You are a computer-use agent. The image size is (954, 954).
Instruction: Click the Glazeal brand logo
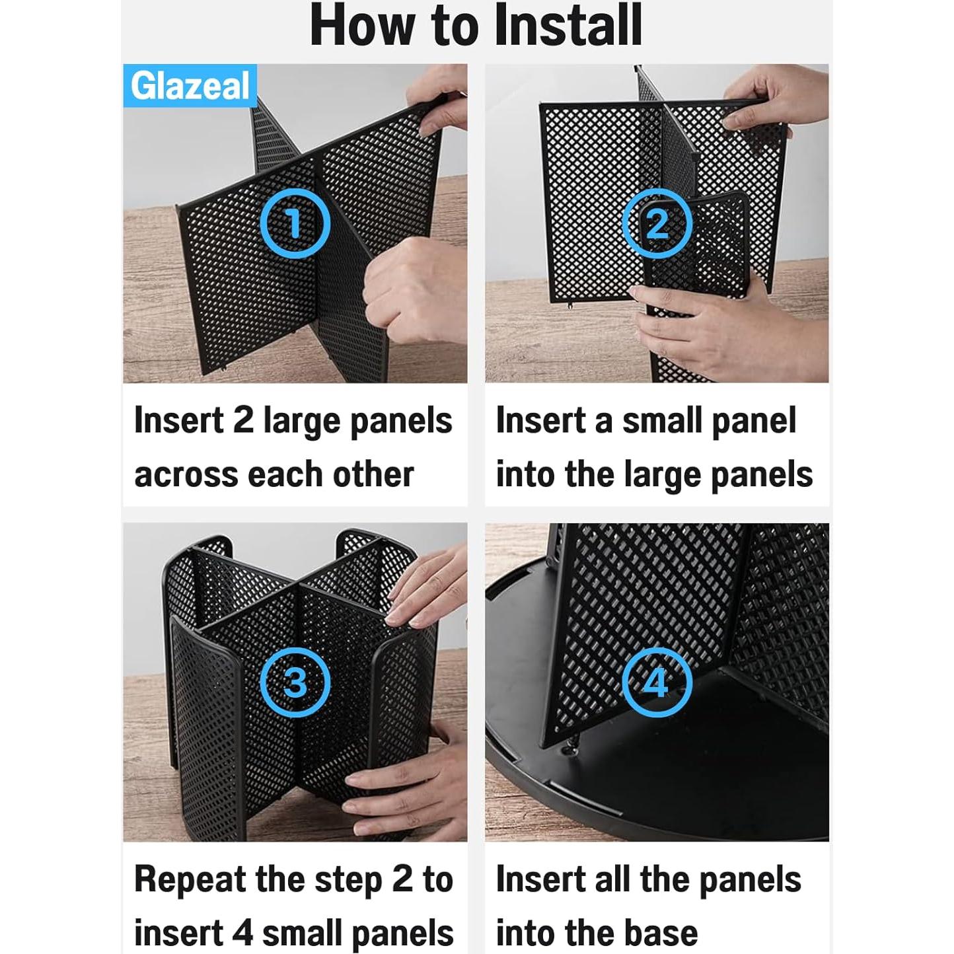190,86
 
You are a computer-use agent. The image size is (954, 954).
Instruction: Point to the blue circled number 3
295,682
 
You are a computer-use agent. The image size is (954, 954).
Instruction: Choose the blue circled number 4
657,682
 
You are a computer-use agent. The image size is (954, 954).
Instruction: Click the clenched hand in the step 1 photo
415,291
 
